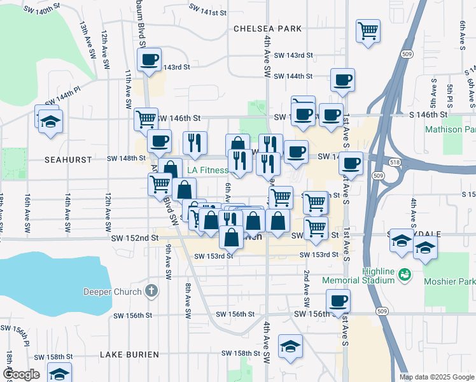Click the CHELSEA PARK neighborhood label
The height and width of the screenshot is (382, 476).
(x=267, y=29)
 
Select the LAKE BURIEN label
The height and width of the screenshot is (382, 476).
(x=128, y=354)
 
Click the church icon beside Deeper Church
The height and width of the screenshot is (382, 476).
(x=151, y=292)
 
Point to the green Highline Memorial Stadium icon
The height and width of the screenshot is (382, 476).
(x=403, y=274)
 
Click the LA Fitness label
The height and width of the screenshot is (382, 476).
(x=207, y=170)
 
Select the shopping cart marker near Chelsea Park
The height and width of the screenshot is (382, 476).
(x=368, y=30)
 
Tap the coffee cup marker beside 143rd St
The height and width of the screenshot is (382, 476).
(x=150, y=60)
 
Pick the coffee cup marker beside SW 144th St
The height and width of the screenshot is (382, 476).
(x=342, y=80)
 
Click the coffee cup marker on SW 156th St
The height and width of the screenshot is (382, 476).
(x=338, y=300)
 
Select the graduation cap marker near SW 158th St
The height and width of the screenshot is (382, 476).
(x=290, y=346)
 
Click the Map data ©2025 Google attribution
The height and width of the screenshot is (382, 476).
(x=436, y=377)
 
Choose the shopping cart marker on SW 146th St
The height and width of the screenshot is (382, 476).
(x=146, y=118)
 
